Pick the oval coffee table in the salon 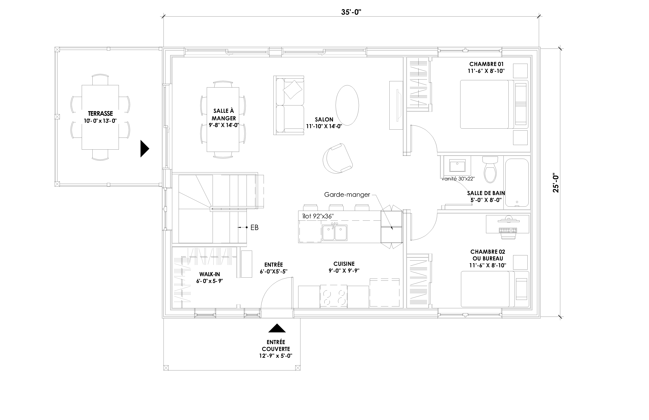point(347,105)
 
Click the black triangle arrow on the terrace point(144,149)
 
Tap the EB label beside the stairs point(254,227)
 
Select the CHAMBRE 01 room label point(486,64)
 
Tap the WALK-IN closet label point(209,274)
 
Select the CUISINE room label point(344,264)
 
